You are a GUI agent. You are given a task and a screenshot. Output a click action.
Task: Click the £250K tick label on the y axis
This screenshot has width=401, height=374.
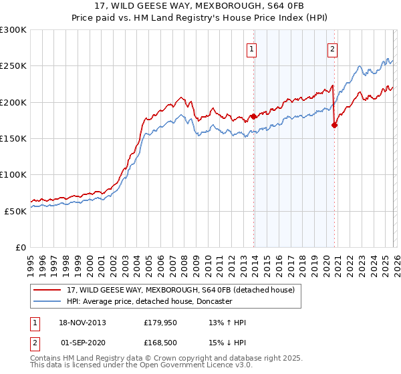(x=13, y=66)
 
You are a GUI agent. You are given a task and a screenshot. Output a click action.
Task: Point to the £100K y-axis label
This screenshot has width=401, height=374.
(x=13, y=174)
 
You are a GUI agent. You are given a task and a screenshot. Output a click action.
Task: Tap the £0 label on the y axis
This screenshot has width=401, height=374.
(x=21, y=247)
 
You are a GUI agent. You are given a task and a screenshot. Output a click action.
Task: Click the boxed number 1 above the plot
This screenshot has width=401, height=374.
(x=251, y=48)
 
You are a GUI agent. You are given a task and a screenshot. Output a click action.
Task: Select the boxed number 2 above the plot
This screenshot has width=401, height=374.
(x=332, y=48)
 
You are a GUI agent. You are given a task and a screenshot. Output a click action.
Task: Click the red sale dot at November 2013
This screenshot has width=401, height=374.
(x=253, y=117)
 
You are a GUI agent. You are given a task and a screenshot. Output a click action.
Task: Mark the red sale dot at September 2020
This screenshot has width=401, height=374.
(x=334, y=125)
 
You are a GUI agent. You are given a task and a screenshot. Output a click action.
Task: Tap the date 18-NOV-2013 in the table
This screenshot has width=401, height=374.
(x=83, y=323)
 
